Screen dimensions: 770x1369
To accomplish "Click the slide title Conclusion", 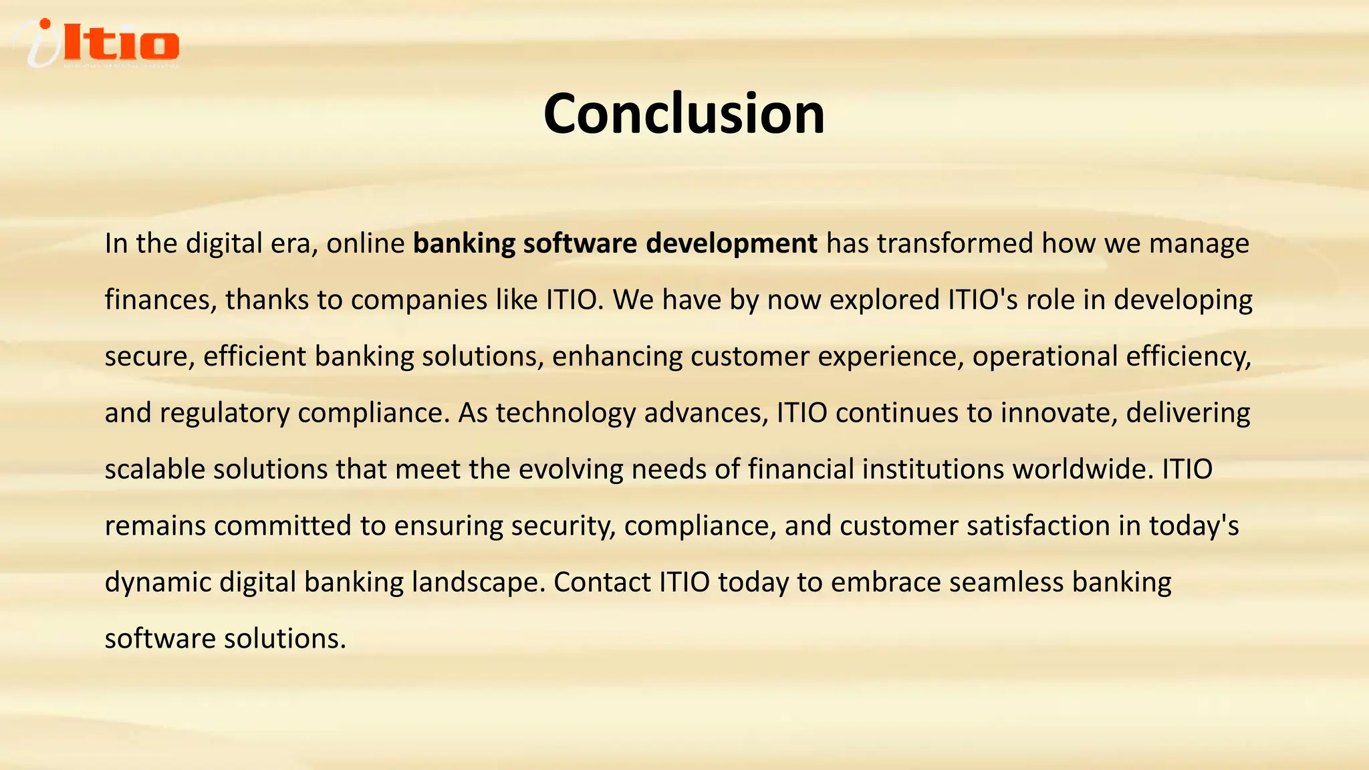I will [x=684, y=114].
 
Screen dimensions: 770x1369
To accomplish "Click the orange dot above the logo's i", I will [x=45, y=25].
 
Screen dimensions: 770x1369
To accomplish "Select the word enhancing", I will [x=617, y=356].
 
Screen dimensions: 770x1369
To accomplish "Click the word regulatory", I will [x=224, y=412].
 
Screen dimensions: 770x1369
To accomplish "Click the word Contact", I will [x=602, y=582].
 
